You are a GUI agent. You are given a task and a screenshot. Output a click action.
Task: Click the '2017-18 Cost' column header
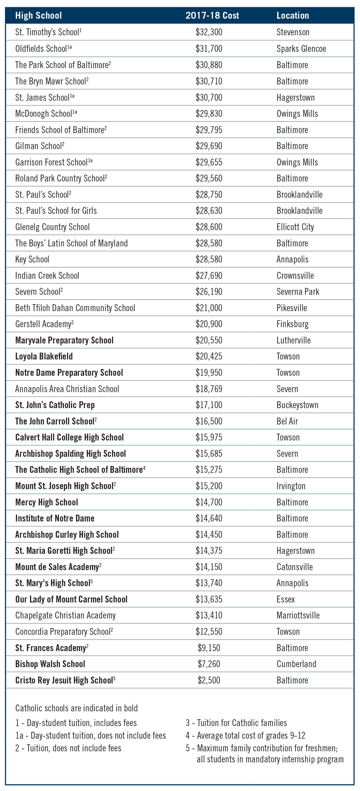tap(212, 15)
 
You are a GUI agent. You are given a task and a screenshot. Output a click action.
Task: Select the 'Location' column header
tap(292, 15)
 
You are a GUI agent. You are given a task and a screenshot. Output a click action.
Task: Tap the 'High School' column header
tap(38, 15)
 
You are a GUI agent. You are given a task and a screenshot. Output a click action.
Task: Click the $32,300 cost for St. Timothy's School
tap(209, 32)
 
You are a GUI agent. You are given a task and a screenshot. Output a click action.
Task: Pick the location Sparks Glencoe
tap(301, 48)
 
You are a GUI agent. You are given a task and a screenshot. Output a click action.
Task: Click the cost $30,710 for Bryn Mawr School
tap(209, 81)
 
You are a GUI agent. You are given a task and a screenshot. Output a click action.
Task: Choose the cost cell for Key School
tap(209, 259)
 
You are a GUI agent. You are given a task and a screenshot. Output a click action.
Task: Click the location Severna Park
tap(298, 291)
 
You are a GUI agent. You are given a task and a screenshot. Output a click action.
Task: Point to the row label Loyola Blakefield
tap(44, 356)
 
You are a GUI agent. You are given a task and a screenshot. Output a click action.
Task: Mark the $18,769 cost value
tap(209, 389)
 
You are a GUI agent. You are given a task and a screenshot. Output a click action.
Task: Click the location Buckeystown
tap(297, 405)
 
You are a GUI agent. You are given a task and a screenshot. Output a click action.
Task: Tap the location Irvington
tap(291, 486)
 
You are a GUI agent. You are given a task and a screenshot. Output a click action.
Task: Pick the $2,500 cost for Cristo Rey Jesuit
tap(209, 680)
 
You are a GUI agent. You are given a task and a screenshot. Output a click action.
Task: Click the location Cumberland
tap(296, 664)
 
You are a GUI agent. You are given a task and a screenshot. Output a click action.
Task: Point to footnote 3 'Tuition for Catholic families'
tap(236, 723)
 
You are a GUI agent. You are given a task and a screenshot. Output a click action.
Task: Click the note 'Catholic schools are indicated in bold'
tap(77, 708)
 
